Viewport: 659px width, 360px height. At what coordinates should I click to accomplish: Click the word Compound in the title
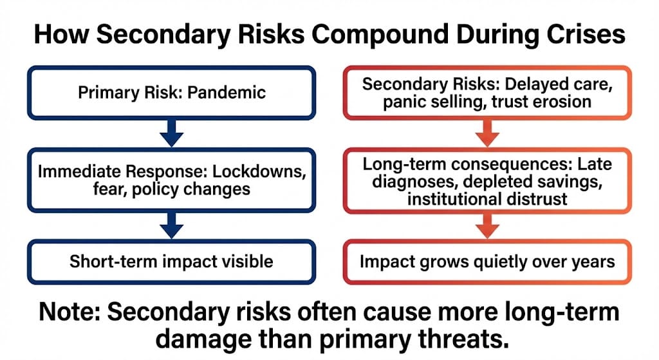point(380,34)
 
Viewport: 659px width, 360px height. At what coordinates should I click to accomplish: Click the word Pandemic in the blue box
point(227,93)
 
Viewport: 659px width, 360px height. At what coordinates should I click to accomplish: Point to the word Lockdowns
point(259,171)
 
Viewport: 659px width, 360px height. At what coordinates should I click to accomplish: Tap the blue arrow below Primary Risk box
point(171,133)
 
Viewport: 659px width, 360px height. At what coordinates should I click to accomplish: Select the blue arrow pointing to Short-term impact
point(171,225)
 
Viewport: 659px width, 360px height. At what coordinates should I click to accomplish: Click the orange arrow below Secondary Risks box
point(488,133)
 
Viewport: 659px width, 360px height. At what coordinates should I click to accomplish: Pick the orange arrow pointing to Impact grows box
point(488,226)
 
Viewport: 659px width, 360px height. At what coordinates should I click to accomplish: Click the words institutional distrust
point(488,199)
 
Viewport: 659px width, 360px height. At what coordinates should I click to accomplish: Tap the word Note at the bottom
point(69,312)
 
